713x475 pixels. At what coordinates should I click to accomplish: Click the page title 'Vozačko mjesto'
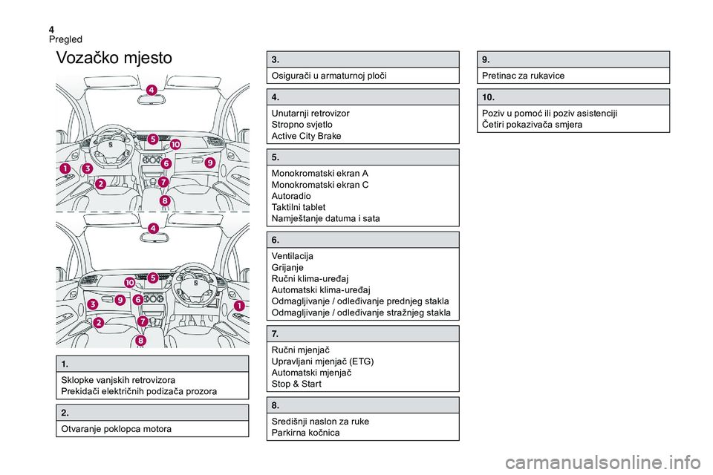click(114, 58)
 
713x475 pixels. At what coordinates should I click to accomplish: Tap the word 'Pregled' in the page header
click(65, 39)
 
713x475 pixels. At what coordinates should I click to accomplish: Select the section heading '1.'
click(65, 364)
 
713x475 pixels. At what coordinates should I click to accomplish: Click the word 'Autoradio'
click(292, 195)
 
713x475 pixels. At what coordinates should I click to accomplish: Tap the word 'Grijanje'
click(288, 266)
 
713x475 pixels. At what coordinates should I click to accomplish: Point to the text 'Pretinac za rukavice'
click(523, 76)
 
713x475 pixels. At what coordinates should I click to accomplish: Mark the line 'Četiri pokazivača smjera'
click(532, 125)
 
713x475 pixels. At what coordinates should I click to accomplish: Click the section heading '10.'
click(488, 97)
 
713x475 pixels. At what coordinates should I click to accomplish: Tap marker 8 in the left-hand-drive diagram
click(164, 201)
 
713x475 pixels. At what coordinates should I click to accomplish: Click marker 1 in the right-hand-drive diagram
click(239, 306)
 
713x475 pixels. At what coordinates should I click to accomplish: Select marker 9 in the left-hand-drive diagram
click(210, 163)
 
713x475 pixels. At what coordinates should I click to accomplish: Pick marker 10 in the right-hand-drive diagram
click(129, 284)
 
